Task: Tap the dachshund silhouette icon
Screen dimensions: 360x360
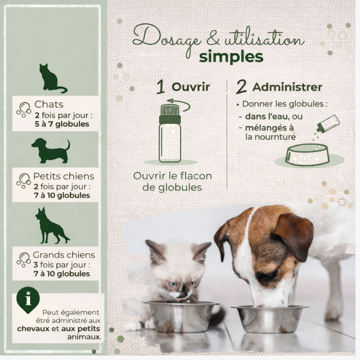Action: (x=51, y=151)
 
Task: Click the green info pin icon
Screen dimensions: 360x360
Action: (x=28, y=300)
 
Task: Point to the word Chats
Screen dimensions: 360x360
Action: (x=49, y=104)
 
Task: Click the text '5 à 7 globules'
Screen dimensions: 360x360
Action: (x=62, y=124)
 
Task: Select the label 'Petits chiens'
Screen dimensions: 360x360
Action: (x=63, y=176)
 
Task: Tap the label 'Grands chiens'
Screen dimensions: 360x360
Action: (x=64, y=255)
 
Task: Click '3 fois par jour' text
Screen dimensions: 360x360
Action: (x=60, y=265)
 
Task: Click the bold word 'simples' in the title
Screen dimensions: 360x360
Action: (x=231, y=57)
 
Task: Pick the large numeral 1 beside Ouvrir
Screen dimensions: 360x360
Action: (x=161, y=87)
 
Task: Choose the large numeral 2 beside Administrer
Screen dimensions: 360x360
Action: (x=241, y=87)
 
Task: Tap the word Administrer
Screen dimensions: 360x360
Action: (x=287, y=87)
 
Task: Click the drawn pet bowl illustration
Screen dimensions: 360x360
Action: (x=307, y=154)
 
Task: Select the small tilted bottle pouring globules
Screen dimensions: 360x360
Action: (x=328, y=124)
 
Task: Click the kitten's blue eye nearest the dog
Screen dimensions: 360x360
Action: (x=193, y=283)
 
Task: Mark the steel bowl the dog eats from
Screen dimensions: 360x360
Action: (x=270, y=319)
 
